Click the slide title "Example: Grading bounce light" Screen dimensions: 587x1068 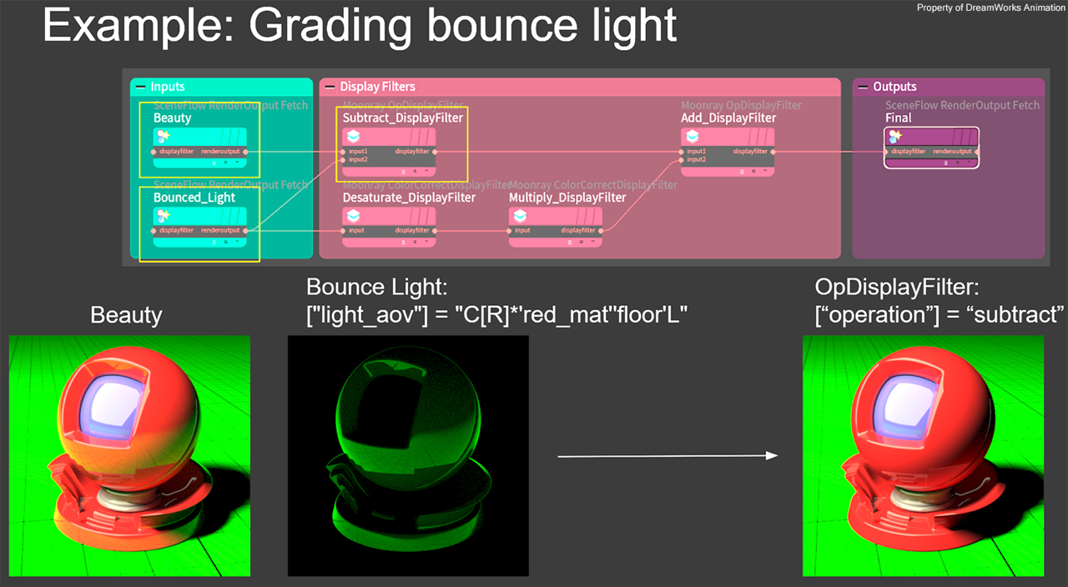[x=359, y=25]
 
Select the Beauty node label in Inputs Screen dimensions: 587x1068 [x=173, y=118]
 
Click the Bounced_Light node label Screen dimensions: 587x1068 [x=194, y=198]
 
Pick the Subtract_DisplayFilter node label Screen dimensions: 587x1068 [x=402, y=118]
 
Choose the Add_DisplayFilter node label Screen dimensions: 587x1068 [x=728, y=118]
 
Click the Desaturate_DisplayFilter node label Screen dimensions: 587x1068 [x=409, y=198]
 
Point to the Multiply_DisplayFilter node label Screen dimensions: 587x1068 [x=567, y=198]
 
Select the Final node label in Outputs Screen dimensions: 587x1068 [x=899, y=118]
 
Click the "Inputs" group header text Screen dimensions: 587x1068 [x=168, y=87]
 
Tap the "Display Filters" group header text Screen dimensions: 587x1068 [x=377, y=87]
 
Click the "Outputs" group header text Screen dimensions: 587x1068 [x=894, y=87]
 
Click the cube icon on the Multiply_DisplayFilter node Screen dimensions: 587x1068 [x=520, y=216]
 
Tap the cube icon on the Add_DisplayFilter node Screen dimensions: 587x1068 [x=692, y=136]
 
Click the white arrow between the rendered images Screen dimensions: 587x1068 [x=667, y=456]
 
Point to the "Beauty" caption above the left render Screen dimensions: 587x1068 [x=126, y=315]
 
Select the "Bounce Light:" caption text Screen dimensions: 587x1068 [x=377, y=288]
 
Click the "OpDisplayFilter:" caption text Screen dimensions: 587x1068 [x=896, y=288]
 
